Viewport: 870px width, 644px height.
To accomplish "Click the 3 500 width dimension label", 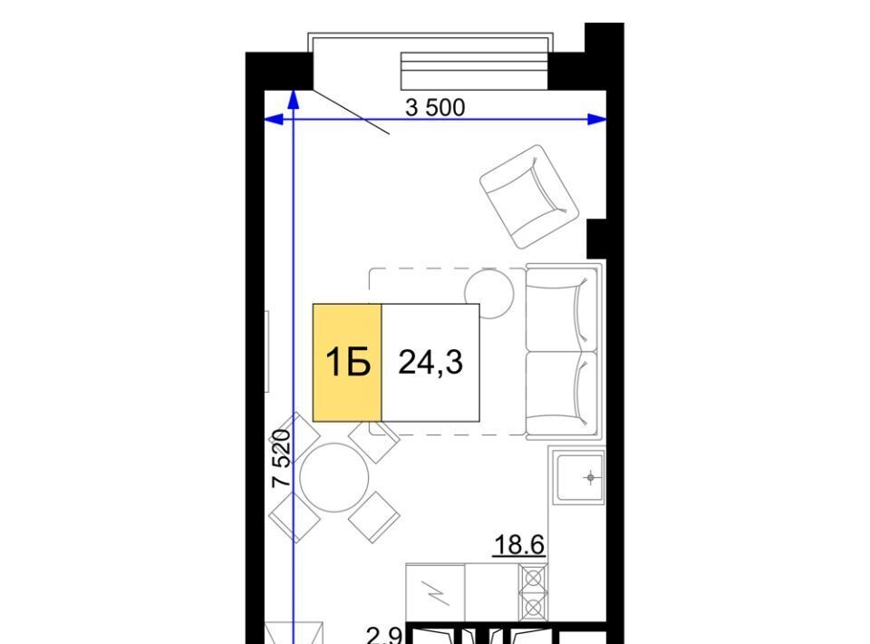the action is pos(435,107).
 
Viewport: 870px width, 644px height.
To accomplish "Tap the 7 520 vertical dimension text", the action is pos(281,459).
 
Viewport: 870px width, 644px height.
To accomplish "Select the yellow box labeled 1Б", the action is pos(347,363).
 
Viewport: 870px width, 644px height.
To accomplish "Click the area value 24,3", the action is pos(430,363).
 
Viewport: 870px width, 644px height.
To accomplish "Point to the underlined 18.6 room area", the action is pos(519,544).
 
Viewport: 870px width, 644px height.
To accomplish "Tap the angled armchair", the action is pos(528,197).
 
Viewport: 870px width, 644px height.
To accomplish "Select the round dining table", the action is pos(334,477).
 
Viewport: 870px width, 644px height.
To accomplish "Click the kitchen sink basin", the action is pos(580,477).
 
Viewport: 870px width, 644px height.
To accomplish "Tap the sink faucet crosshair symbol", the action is pos(590,477).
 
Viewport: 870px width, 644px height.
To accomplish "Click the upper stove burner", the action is pos(533,579).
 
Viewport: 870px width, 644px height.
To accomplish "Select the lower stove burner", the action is pos(533,609).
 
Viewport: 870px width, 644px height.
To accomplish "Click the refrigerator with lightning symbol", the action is pos(436,593).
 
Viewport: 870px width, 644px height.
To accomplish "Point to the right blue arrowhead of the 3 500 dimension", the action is pos(597,119).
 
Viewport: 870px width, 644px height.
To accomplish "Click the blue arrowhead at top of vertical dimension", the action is pos(294,100).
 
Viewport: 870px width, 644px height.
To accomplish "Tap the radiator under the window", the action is pos(474,71).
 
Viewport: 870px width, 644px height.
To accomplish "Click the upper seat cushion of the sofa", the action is pos(558,308).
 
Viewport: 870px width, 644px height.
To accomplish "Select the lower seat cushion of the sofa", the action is pos(558,393).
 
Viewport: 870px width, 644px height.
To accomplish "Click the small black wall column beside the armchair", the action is pos(597,239).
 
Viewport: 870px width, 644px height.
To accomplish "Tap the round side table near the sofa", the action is pos(488,294).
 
